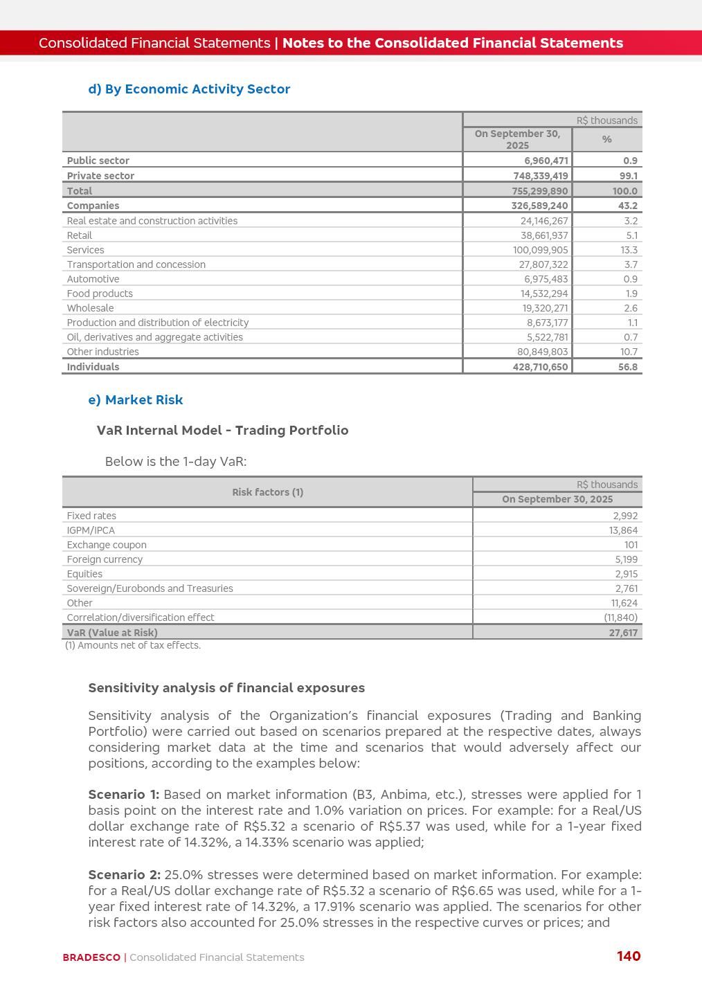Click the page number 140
pyautogui.click(x=629, y=956)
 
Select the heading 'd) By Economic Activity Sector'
pyautogui.click(x=189, y=89)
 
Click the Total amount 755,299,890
pyautogui.click(x=540, y=191)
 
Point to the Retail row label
pyautogui.click(x=80, y=235)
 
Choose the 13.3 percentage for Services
pyautogui.click(x=629, y=250)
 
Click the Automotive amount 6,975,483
pyautogui.click(x=546, y=279)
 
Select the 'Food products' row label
pyautogui.click(x=100, y=294)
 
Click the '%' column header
pyautogui.click(x=607, y=139)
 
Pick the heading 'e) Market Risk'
pyautogui.click(x=136, y=400)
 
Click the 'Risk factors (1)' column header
pyautogui.click(x=268, y=492)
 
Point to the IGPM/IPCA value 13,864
pyautogui.click(x=623, y=530)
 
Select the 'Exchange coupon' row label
pyautogui.click(x=107, y=545)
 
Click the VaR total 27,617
pyautogui.click(x=623, y=633)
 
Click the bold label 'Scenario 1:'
pyautogui.click(x=123, y=795)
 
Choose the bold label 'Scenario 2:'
pyautogui.click(x=124, y=875)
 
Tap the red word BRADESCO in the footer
pyautogui.click(x=91, y=957)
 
